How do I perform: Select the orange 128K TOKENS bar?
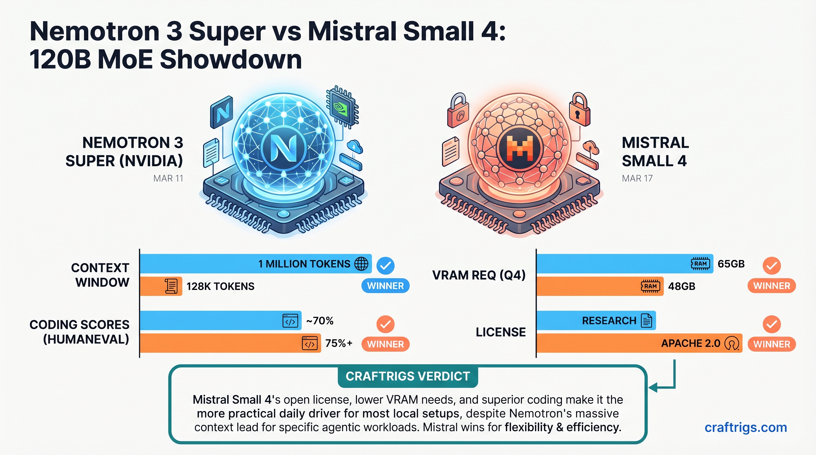(x=161, y=286)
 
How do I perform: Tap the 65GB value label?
(x=731, y=264)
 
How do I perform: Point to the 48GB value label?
(x=681, y=286)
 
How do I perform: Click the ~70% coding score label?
(x=320, y=321)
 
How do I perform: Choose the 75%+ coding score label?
(x=339, y=343)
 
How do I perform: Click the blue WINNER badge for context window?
(x=385, y=286)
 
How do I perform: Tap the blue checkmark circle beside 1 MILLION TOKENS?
(x=385, y=265)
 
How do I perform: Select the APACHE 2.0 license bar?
(x=639, y=343)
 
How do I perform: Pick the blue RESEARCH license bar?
(x=595, y=321)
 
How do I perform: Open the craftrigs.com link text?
(x=746, y=427)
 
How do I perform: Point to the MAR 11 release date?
(x=168, y=178)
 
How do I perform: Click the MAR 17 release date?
(x=637, y=178)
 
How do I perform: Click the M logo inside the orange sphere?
(x=519, y=148)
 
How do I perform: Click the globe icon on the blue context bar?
(x=361, y=264)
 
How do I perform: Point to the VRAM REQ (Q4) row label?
(x=479, y=275)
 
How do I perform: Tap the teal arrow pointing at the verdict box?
(x=659, y=387)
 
